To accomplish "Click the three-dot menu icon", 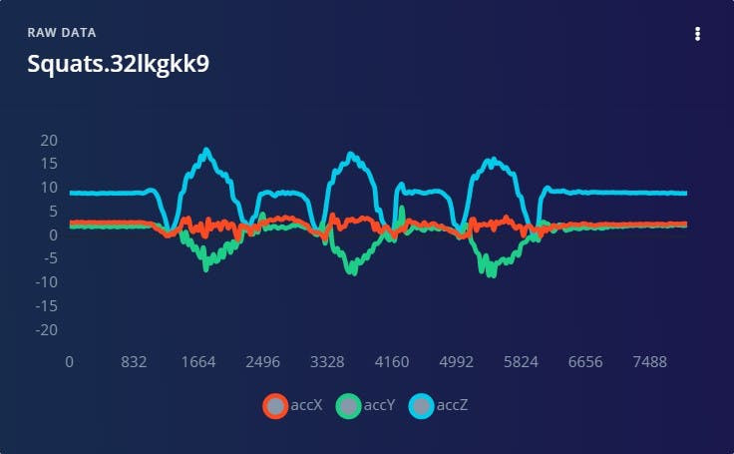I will click(697, 34).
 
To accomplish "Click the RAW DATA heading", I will click(62, 33).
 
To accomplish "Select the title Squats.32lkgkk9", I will click(119, 63).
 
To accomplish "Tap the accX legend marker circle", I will click(275, 405).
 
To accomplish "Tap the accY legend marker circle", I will click(348, 405).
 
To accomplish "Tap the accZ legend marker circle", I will click(422, 405).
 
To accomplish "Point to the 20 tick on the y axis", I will click(48, 140).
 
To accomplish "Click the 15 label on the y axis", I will click(49, 164).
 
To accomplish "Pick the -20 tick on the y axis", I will click(45, 330).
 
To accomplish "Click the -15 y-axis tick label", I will click(45, 306).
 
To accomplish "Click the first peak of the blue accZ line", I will click(206, 151).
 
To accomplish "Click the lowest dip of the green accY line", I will click(492, 274).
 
